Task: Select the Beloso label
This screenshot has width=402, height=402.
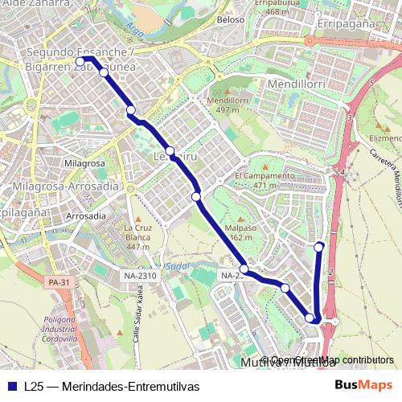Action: coord(231,20)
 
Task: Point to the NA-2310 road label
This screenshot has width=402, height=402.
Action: coord(140,276)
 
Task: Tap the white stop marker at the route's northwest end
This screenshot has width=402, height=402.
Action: coord(80,62)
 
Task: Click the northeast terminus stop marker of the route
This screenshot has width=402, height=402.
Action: coord(320,246)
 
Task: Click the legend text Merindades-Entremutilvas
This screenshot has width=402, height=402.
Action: coord(110,386)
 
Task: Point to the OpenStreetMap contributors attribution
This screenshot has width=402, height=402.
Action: coord(331,360)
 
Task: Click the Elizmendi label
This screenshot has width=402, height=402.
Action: coord(384,137)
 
